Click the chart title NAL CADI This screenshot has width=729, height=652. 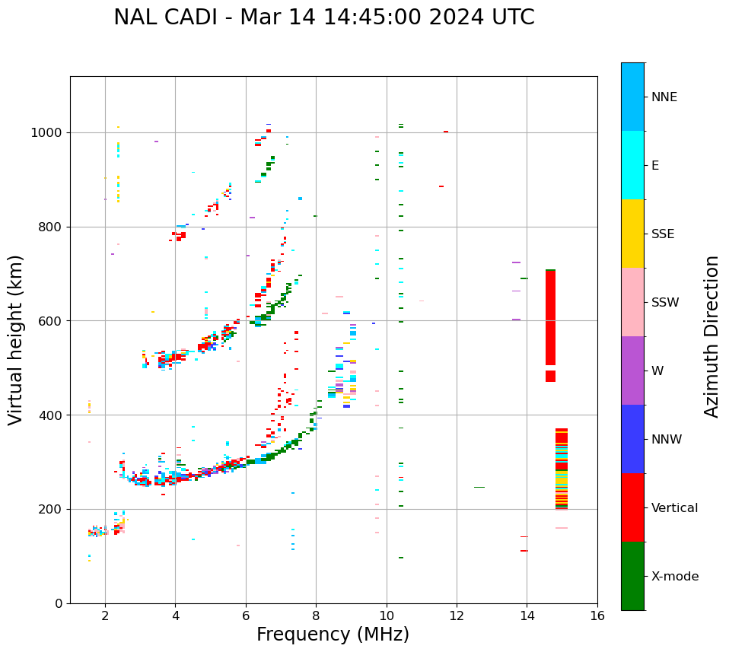pos(323,17)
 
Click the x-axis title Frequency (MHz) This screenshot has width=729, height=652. pos(333,635)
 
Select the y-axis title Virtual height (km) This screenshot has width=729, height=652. pos(16,339)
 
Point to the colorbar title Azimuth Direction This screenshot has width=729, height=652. pos(711,336)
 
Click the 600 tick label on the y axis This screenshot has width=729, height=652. pos(53,321)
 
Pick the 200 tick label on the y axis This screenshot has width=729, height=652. pos(53,509)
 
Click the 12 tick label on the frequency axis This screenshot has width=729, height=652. pos(457,615)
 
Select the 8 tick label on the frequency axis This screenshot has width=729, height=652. pos(317,615)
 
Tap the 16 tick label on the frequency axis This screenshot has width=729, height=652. pos(597,615)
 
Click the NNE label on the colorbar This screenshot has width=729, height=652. pos(664,97)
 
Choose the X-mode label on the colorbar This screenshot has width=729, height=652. pos(675,577)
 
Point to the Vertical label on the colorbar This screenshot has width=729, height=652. pos(674,508)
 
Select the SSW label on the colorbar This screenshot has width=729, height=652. pos(665,303)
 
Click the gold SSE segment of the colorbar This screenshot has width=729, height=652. pos(632,234)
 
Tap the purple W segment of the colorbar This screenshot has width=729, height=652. pos(632,371)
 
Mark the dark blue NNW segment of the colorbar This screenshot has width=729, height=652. pos(632,439)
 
